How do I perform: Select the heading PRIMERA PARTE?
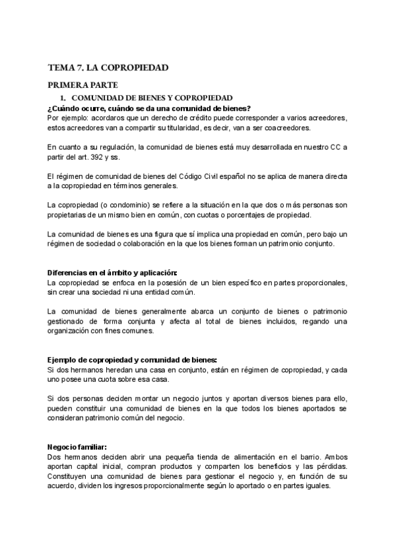(82, 85)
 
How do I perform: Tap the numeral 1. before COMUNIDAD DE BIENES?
(63, 98)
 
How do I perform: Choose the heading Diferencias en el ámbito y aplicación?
(112, 273)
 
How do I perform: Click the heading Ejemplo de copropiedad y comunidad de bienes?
(132, 359)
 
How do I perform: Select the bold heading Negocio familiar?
(76, 446)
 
